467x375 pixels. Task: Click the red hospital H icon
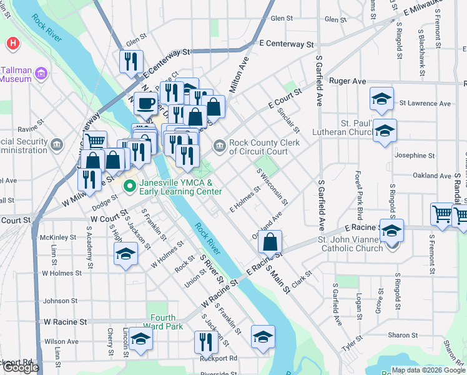pyautogui.click(x=12, y=44)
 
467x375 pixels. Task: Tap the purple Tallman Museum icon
pyautogui.click(x=42, y=74)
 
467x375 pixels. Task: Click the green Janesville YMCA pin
pyautogui.click(x=130, y=186)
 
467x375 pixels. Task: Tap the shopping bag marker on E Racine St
pyautogui.click(x=270, y=242)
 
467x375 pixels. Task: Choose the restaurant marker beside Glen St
pyautogui.click(x=131, y=61)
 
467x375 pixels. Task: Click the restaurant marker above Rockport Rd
pyautogui.click(x=204, y=341)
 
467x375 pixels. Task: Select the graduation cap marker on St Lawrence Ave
pyautogui.click(x=381, y=99)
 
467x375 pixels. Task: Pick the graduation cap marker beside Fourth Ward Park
pyautogui.click(x=141, y=339)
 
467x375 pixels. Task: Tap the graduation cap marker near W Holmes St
pyautogui.click(x=125, y=254)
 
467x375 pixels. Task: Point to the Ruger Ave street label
pyautogui.click(x=347, y=81)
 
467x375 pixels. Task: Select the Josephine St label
pyautogui.click(x=415, y=155)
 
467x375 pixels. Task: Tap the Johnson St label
pyautogui.click(x=61, y=301)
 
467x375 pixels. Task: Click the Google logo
pyautogui.click(x=21, y=368)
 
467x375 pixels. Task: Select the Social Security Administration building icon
pyautogui.click(x=57, y=146)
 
